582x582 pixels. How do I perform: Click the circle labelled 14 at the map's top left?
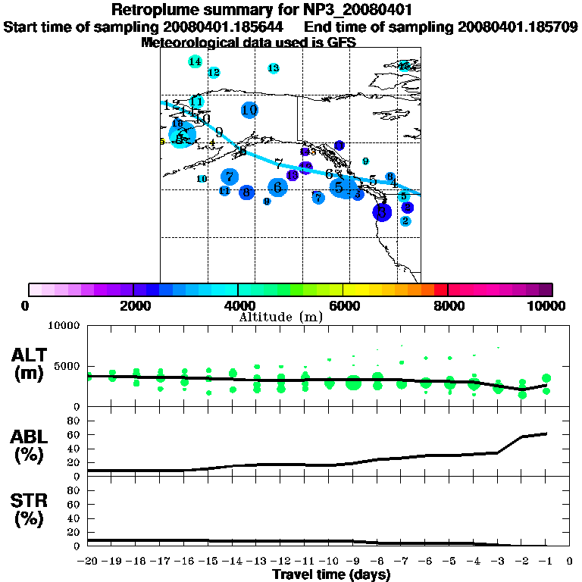click(x=195, y=61)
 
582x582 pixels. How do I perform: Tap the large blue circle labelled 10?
click(x=249, y=110)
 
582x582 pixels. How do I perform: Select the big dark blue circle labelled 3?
click(x=382, y=211)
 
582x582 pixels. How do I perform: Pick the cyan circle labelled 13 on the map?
click(x=274, y=68)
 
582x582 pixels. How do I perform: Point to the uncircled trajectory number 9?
click(x=219, y=132)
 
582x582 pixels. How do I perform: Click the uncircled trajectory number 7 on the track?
click(x=279, y=164)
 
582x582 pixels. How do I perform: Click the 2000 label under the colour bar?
click(x=133, y=306)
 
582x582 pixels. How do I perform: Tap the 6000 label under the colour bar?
click(x=343, y=306)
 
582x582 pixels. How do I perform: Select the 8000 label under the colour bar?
click(x=449, y=306)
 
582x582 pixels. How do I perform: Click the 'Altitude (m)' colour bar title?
click(x=280, y=317)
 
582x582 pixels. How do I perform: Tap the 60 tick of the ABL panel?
click(x=77, y=434)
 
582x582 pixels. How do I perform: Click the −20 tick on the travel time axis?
click(x=88, y=561)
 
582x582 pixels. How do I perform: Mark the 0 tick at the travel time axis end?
click(x=569, y=561)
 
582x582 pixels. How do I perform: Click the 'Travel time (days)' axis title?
click(x=331, y=574)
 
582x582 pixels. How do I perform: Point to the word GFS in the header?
click(x=339, y=42)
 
